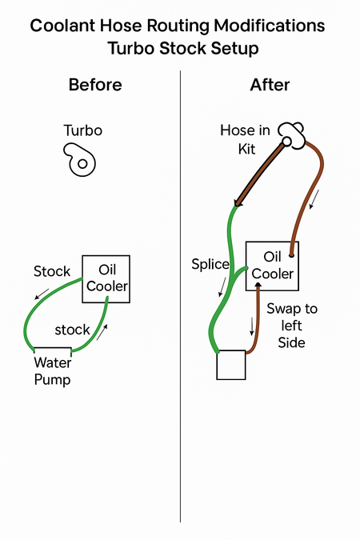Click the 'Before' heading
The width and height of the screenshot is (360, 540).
[x=95, y=85]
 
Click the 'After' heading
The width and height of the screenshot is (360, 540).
[x=270, y=85]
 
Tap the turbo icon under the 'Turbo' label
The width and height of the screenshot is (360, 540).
[x=79, y=160]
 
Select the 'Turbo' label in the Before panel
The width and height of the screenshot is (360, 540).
[x=83, y=130]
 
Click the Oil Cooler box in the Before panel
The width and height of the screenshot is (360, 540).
[x=106, y=279]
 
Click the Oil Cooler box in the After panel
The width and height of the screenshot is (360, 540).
[x=272, y=266]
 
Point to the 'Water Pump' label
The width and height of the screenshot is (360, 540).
[x=52, y=371]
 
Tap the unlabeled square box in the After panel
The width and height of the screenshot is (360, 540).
[x=231, y=365]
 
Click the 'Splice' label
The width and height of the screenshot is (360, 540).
[x=210, y=264]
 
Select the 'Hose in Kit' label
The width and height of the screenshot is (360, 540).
[x=246, y=139]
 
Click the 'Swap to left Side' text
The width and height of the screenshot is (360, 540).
[x=292, y=326]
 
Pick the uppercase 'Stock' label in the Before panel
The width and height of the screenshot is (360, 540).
[x=52, y=271]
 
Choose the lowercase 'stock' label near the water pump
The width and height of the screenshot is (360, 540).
[x=72, y=330]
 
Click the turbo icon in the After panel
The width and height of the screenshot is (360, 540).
[x=291, y=136]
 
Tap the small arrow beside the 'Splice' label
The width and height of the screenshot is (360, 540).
[x=222, y=286]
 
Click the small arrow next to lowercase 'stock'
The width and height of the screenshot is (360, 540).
[x=102, y=332]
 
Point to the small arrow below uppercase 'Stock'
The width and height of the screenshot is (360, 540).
[x=42, y=294]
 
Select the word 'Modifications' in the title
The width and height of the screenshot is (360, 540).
[x=270, y=26]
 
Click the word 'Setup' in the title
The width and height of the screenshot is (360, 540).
[x=235, y=48]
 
